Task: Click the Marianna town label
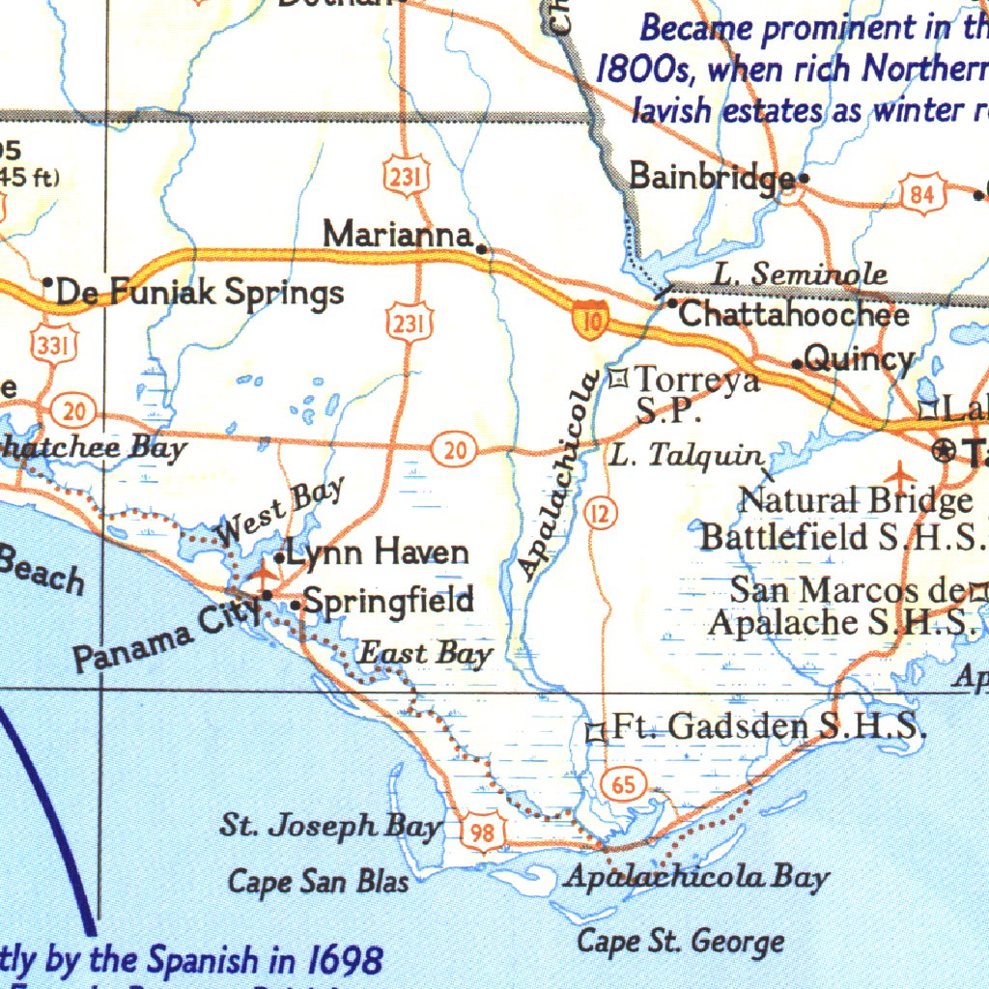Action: pos(397,235)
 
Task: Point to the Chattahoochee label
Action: pos(794,314)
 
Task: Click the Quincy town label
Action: pos(858,360)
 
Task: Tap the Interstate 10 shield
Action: pos(588,317)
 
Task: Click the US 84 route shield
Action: pos(921,195)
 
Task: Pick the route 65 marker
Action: pos(624,784)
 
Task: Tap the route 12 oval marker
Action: pos(600,515)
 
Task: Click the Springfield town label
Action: pos(388,602)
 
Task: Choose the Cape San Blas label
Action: pos(318,881)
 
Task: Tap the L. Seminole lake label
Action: pos(800,274)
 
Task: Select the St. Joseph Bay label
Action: pos(330,826)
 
